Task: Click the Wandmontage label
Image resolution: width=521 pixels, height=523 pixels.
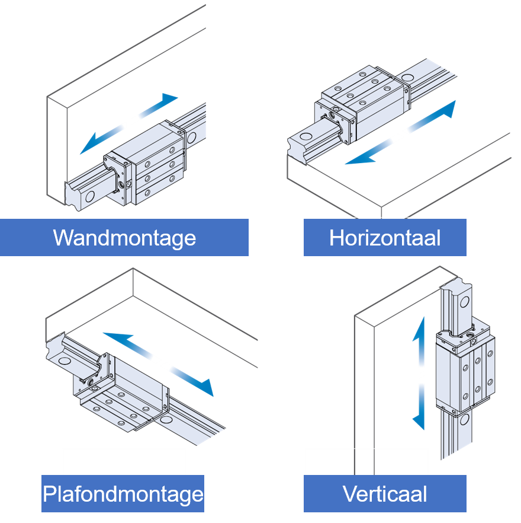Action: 124,238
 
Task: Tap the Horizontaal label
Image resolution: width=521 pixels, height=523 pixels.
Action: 385,238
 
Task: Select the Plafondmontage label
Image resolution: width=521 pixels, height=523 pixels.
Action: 123,493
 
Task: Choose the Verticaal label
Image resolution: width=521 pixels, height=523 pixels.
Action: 385,493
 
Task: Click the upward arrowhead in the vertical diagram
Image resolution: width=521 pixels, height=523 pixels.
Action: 419,326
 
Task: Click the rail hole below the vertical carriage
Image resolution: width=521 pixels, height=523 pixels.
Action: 464,420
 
